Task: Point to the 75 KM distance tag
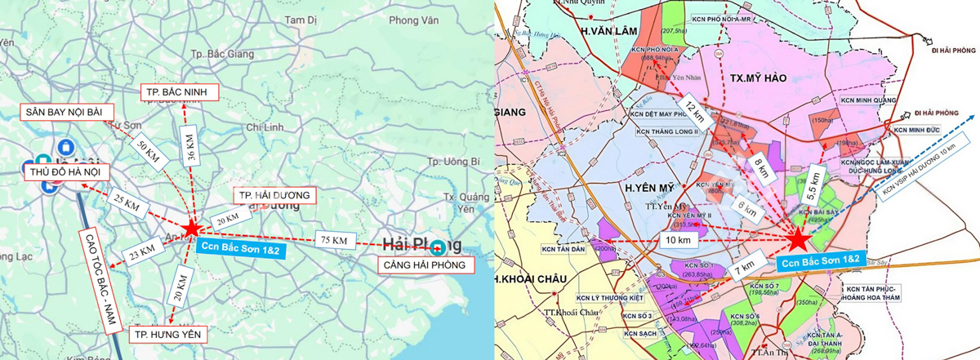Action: pos(333,241)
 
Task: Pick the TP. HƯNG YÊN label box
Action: pos(168,334)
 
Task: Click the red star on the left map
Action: pos(191,229)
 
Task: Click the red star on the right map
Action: pos(799,240)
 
